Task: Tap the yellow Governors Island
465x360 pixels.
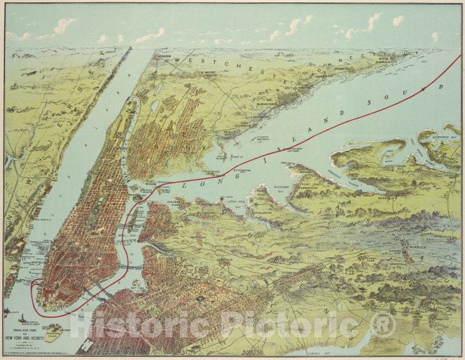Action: (x=56, y=331)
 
